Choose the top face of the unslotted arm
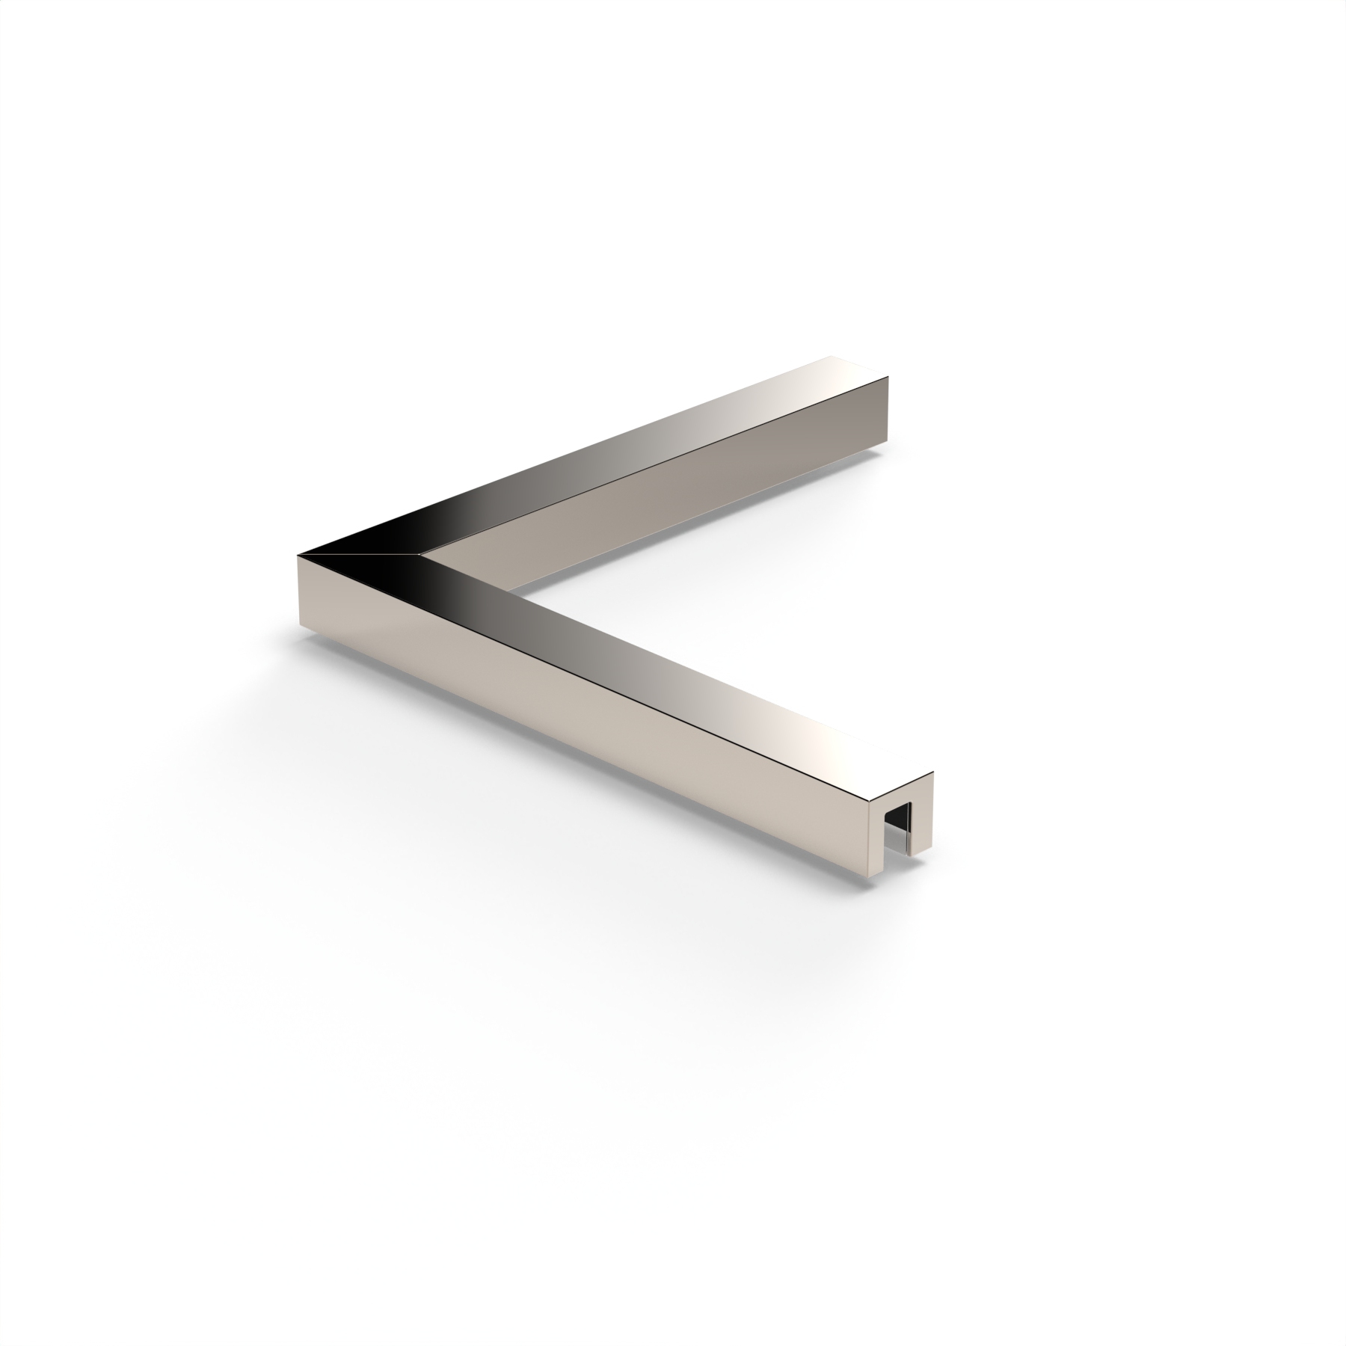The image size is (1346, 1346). (x=636, y=449)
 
